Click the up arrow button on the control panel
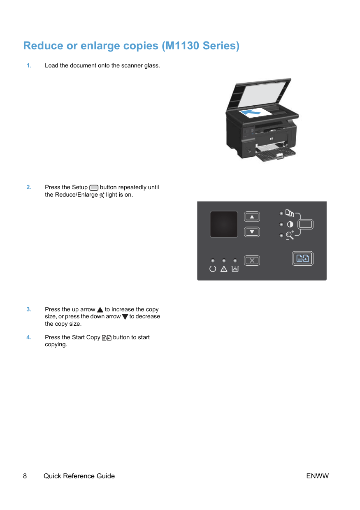point(252,216)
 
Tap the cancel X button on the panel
point(252,260)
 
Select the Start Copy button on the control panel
point(302,258)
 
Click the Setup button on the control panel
point(305,224)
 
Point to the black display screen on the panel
point(223,224)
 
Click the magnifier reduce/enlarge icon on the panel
point(290,235)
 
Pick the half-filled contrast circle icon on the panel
point(290,224)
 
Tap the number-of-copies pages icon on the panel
point(289,213)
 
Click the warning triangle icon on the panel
point(223,269)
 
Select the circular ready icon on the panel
point(212,269)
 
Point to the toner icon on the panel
point(235,269)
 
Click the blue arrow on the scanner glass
point(251,112)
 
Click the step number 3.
point(29,309)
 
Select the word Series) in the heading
point(221,46)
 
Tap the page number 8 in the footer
point(25,476)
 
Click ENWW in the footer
point(317,476)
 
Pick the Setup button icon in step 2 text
point(93,188)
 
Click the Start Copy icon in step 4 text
point(107,337)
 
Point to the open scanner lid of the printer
point(260,95)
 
